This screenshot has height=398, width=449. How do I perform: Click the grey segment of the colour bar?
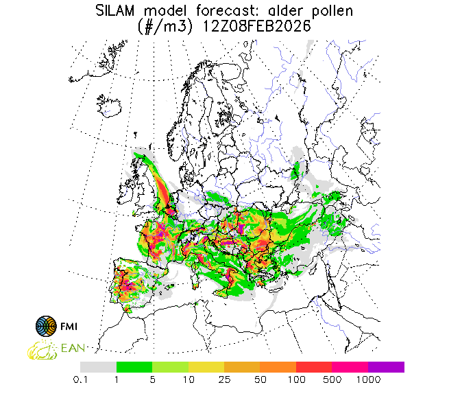pyautogui.click(x=99, y=367)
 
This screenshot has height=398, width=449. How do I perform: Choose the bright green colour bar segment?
pyautogui.click(x=134, y=367)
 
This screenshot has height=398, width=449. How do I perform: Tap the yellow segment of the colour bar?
pyautogui.click(x=206, y=367)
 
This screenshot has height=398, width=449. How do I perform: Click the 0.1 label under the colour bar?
pyautogui.click(x=82, y=379)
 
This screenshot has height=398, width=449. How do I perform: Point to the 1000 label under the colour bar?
pyautogui.click(x=368, y=379)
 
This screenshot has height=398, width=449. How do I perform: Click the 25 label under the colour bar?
pyautogui.click(x=224, y=379)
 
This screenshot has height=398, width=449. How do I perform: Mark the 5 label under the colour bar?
pyautogui.click(x=152, y=379)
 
